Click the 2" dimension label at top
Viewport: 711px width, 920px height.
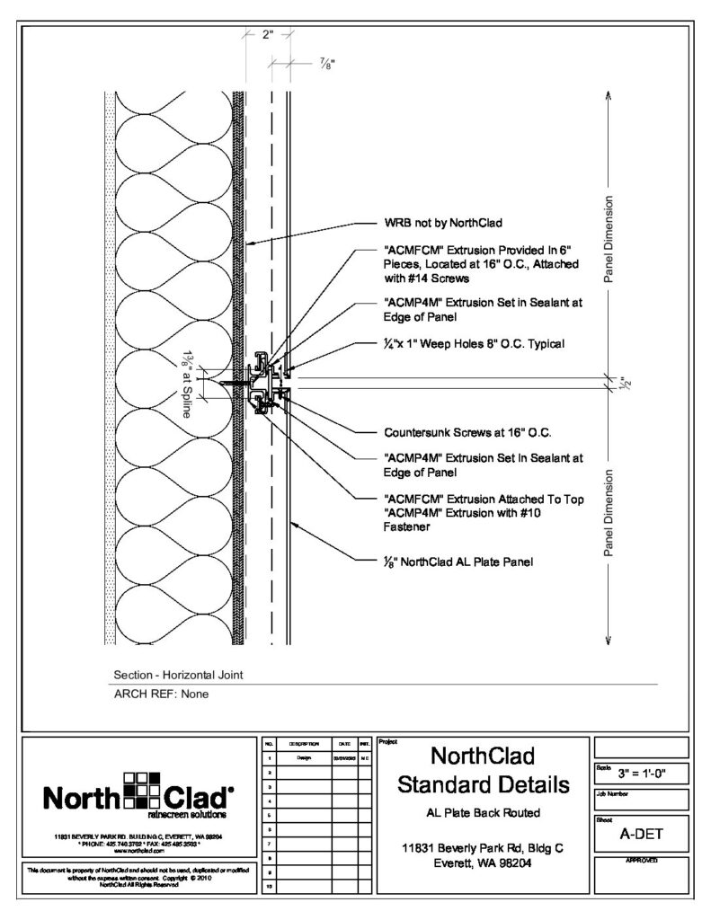(267, 36)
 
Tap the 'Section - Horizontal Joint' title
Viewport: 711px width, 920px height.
(178, 675)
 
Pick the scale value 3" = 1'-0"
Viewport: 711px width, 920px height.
(641, 774)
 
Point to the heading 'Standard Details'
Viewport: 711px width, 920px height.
(484, 784)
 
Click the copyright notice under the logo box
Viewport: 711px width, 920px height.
(138, 877)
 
